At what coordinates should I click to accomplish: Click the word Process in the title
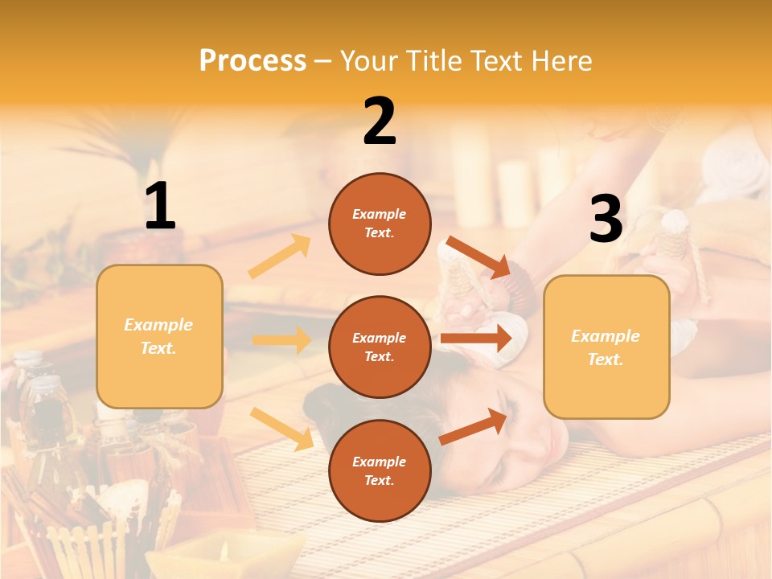pyautogui.click(x=253, y=60)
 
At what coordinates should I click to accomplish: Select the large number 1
pyautogui.click(x=159, y=207)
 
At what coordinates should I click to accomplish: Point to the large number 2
pyautogui.click(x=380, y=121)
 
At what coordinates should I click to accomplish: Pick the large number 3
pyautogui.click(x=606, y=220)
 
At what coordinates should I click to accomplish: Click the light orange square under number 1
pyautogui.click(x=159, y=336)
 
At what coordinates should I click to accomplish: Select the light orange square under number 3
pyautogui.click(x=606, y=347)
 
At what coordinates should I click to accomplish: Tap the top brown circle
pyautogui.click(x=380, y=224)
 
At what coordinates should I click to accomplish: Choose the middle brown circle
pyautogui.click(x=380, y=347)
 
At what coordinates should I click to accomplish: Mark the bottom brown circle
pyautogui.click(x=380, y=470)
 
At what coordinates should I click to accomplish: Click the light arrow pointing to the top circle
pyautogui.click(x=280, y=257)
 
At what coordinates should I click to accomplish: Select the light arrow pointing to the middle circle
pyautogui.click(x=281, y=340)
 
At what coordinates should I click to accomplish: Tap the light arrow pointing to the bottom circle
pyautogui.click(x=281, y=429)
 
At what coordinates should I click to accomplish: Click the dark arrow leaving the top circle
pyautogui.click(x=478, y=257)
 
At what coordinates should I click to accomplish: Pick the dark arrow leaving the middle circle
pyautogui.click(x=476, y=339)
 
